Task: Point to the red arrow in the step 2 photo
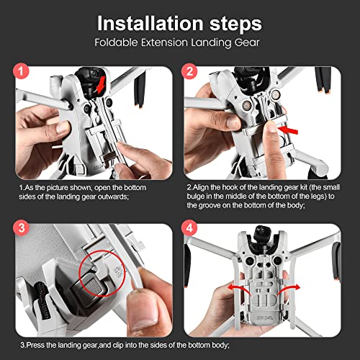[x=290, y=130]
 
